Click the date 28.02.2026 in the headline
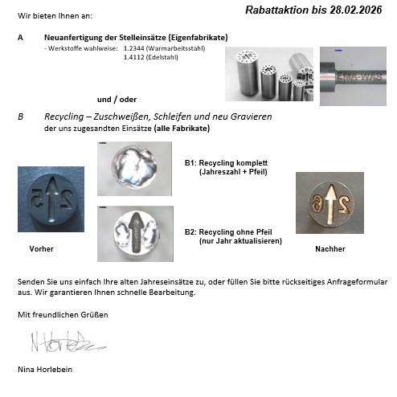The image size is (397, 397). coord(356,10)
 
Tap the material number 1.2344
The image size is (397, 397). coord(134,48)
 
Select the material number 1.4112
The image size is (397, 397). coord(134,57)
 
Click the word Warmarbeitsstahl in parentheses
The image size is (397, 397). coord(176,48)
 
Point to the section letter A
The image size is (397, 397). coord(20,38)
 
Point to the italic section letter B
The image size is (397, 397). coord(20,117)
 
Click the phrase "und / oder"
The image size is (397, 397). coord(117,100)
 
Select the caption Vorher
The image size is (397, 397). coord(42,249)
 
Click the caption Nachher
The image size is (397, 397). coord(330,249)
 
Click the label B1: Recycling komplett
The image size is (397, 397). coord(227,163)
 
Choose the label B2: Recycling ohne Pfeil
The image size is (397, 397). coord(228,232)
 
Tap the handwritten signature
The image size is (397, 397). coord(68,342)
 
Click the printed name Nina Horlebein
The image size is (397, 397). coord(45,370)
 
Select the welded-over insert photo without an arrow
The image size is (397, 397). coord(134,169)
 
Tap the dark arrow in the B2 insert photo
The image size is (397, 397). coord(136,232)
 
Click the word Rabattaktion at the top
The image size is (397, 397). coord(277,10)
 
